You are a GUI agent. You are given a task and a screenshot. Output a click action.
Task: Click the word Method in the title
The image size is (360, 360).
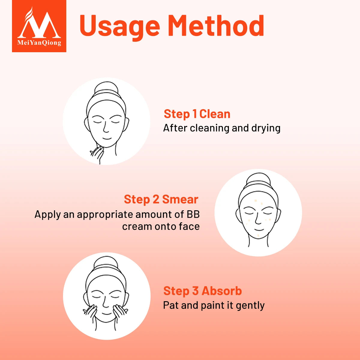[x=216, y=25]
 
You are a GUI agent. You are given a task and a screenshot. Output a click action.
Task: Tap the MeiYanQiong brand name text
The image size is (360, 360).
[x=39, y=43]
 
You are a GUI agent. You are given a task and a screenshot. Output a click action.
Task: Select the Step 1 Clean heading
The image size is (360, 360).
[x=197, y=114]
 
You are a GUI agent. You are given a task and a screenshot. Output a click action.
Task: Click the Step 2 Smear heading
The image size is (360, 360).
[x=161, y=199]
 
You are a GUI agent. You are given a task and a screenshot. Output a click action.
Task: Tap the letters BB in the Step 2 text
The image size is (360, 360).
[x=193, y=214]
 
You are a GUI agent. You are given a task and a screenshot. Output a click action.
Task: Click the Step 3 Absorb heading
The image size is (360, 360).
[x=202, y=291]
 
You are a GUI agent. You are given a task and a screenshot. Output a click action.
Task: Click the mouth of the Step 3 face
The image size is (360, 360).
[x=106, y=314]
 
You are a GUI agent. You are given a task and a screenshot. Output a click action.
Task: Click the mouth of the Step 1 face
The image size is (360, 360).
[x=107, y=139]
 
